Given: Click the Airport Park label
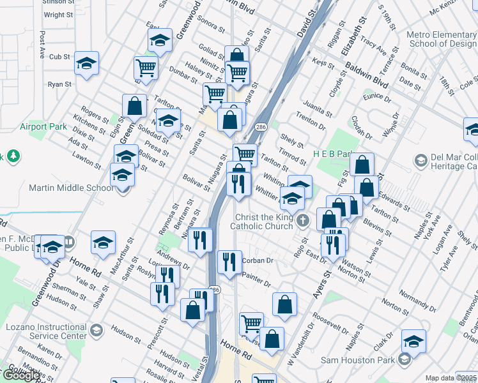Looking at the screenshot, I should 43,126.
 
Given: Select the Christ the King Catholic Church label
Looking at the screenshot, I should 262,223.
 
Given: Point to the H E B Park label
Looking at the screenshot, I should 334,154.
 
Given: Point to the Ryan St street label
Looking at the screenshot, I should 59,84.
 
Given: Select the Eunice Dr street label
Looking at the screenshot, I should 376,96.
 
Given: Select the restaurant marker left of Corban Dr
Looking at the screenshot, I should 229,260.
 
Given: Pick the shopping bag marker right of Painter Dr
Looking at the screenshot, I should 284,305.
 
